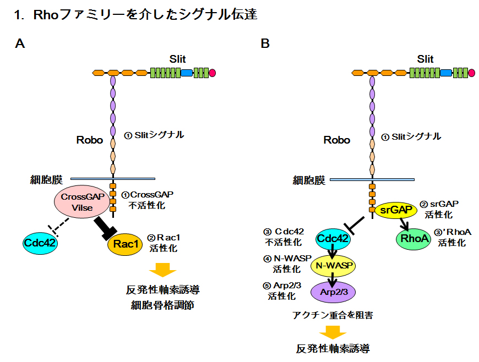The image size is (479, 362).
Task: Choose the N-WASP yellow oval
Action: [333, 266]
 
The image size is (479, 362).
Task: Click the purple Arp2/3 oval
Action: [333, 292]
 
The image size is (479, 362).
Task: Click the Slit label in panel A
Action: [177, 59]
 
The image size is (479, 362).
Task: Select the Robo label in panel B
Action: [336, 140]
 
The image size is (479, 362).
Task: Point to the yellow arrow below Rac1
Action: [162, 269]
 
